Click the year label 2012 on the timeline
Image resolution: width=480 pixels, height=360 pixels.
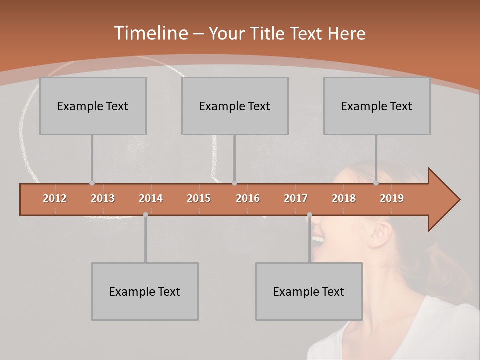click(x=55, y=198)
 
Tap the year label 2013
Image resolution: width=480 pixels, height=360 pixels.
click(x=103, y=198)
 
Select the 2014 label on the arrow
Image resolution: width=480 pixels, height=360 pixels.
click(x=151, y=198)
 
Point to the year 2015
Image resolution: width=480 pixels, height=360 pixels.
click(x=199, y=198)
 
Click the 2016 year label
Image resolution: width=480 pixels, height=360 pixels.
click(x=248, y=198)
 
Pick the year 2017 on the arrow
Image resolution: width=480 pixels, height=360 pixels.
click(x=296, y=198)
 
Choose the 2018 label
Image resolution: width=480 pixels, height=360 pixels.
click(x=344, y=198)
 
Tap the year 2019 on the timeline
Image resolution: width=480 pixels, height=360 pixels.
click(x=392, y=198)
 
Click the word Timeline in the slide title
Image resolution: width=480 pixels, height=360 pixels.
click(x=150, y=33)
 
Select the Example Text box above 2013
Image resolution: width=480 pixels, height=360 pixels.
click(x=93, y=106)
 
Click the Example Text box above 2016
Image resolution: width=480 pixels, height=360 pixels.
click(x=235, y=106)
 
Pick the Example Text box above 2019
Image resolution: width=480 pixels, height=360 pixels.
click(x=377, y=106)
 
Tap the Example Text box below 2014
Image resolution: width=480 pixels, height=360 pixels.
click(x=145, y=291)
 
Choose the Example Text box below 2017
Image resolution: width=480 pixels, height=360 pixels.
click(x=309, y=291)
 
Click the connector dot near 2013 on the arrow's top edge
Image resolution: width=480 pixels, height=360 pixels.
click(x=92, y=183)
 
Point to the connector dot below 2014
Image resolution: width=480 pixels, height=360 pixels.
click(x=145, y=214)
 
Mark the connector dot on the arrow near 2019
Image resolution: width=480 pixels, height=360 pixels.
click(x=376, y=183)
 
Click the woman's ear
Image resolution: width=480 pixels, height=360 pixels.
click(x=381, y=233)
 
